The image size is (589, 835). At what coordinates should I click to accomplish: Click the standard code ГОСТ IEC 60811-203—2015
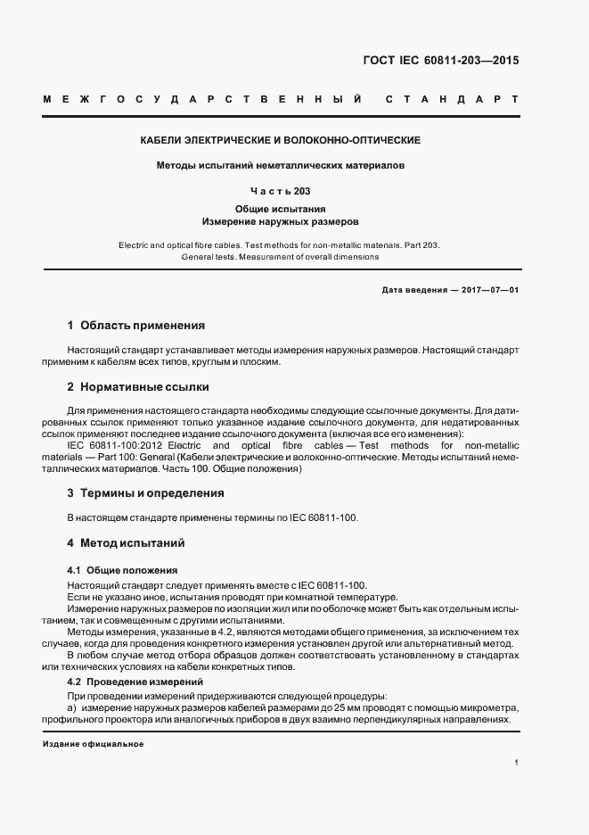pyautogui.click(x=440, y=62)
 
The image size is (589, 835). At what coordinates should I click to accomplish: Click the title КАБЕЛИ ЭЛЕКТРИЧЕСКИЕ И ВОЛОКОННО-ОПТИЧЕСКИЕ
pyautogui.click(x=281, y=141)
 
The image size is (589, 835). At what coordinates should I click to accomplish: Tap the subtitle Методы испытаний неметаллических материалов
pyautogui.click(x=281, y=165)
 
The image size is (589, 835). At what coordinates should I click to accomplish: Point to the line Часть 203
pyautogui.click(x=281, y=190)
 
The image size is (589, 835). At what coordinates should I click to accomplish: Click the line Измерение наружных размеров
pyautogui.click(x=281, y=220)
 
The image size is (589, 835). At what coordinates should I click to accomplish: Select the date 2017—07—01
pyautogui.click(x=488, y=290)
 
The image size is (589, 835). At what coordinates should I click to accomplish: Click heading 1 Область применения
pyautogui.click(x=136, y=326)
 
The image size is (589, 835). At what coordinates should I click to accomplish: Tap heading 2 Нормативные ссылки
pyautogui.click(x=138, y=387)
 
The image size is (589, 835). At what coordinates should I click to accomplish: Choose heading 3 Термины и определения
pyautogui.click(x=145, y=492)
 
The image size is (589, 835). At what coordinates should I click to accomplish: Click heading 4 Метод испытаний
pyautogui.click(x=126, y=542)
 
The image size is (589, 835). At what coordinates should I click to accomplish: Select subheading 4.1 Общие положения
pyautogui.click(x=122, y=570)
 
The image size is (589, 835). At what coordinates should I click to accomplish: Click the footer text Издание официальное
pyautogui.click(x=93, y=744)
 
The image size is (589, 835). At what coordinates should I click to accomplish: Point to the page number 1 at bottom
pyautogui.click(x=517, y=764)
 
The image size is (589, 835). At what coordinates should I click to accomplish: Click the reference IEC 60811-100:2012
pyautogui.click(x=116, y=445)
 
